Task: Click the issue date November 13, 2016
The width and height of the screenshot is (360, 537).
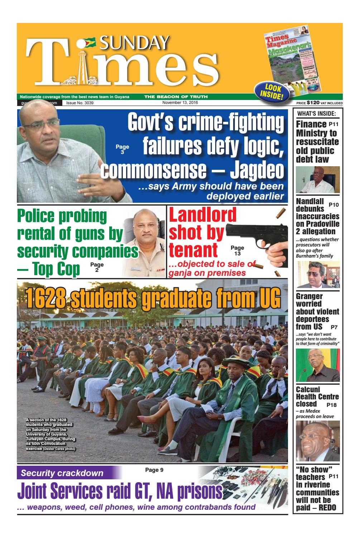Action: tap(180, 103)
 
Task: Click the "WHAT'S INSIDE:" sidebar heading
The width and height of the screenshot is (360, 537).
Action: tap(318, 114)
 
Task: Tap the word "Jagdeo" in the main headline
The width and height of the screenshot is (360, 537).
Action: tap(256, 172)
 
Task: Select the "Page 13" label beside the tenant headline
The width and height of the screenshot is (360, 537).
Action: tap(237, 250)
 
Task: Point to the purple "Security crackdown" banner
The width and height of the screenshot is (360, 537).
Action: tap(62, 473)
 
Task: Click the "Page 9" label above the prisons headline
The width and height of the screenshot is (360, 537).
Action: tap(154, 470)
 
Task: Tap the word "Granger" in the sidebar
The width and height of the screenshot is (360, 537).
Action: tap(309, 296)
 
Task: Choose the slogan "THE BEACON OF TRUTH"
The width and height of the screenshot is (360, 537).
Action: tap(176, 97)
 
